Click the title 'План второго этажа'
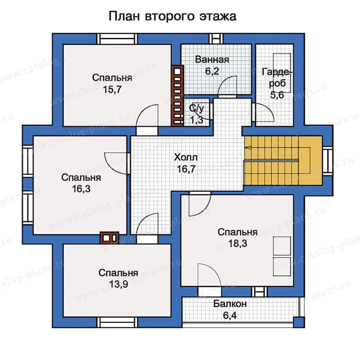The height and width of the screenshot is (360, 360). point(172,16)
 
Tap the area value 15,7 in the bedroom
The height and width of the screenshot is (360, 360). point(112,90)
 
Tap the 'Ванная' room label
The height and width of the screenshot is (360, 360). point(212,60)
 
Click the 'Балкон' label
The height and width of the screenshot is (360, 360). point(230,304)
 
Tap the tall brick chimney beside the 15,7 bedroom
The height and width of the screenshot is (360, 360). point(177,96)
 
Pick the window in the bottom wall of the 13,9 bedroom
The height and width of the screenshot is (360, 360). point(118,322)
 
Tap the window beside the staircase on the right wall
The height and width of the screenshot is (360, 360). point(328,160)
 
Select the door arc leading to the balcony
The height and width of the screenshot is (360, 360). point(208,274)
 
